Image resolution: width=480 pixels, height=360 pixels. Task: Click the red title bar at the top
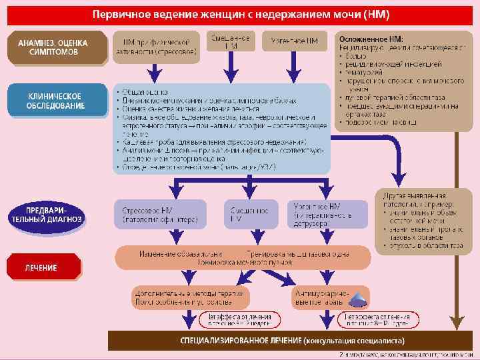[x=240, y=13]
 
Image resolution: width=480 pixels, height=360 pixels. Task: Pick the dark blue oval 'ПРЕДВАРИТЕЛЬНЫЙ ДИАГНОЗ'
[x=45, y=214]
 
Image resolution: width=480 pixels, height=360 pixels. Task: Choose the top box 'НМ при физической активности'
[x=156, y=46]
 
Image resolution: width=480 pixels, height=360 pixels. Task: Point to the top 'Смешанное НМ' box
[x=231, y=41]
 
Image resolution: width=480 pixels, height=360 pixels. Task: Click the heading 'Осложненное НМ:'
[x=376, y=39]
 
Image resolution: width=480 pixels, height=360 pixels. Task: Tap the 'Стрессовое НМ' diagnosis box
[x=157, y=214]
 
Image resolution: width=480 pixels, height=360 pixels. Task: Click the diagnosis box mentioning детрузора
[x=327, y=214]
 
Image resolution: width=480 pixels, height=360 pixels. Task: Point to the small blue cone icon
[x=358, y=298]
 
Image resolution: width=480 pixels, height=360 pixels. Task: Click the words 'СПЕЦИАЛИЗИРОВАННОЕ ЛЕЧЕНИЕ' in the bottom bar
[x=241, y=341]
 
